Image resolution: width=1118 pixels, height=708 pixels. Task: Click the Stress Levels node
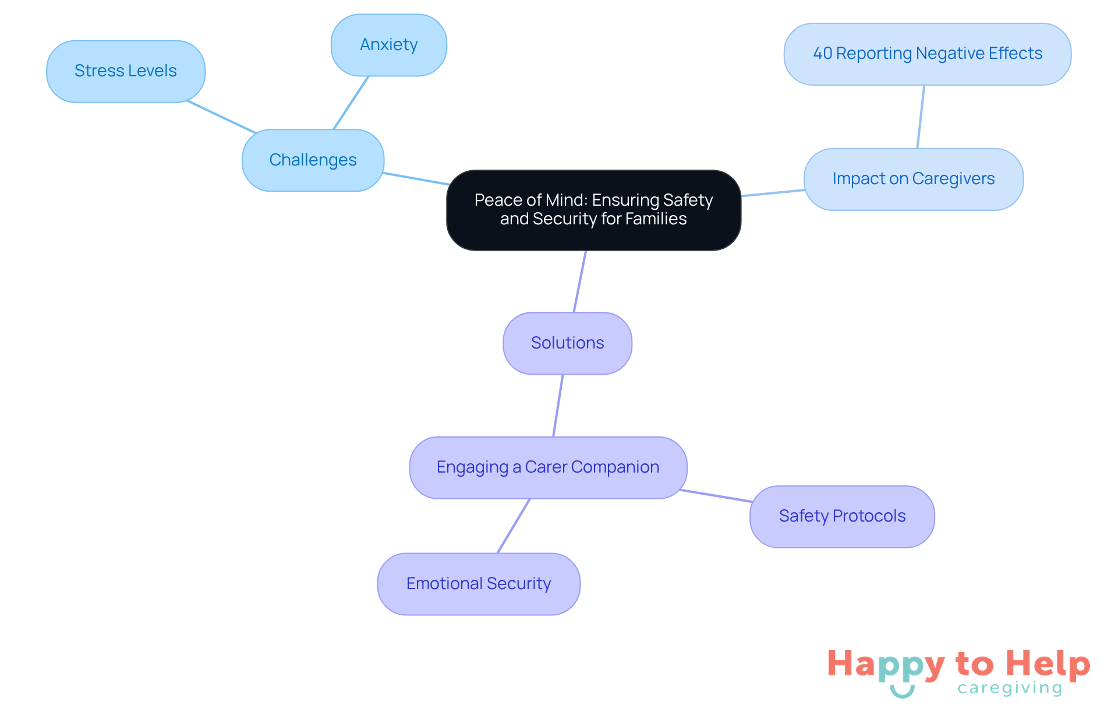pos(125,71)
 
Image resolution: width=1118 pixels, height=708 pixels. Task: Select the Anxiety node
pos(388,45)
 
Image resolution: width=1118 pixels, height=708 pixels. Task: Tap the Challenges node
pos(313,160)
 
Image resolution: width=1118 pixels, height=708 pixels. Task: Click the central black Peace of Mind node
pos(593,210)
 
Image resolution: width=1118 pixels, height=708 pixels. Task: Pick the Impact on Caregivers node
pos(913,179)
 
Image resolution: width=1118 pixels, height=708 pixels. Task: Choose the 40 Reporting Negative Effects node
pos(927,54)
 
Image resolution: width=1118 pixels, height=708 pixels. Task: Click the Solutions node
pos(567,343)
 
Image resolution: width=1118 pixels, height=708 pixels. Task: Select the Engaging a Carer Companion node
pos(547,467)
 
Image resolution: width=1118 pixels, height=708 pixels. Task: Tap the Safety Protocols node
pos(842,516)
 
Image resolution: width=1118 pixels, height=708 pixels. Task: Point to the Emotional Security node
pos(478,583)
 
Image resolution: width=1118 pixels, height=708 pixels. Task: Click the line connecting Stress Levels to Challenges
pos(221,117)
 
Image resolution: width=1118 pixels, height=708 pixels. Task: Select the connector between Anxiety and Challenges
pos(351,103)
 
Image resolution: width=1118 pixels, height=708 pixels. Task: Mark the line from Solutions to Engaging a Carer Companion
pos(558,406)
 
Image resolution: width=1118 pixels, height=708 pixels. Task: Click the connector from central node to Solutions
pos(579,281)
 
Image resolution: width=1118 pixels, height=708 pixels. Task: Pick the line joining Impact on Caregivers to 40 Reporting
pos(921,117)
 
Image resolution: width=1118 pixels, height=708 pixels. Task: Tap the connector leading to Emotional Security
pos(514,526)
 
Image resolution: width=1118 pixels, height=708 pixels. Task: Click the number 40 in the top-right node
pos(823,54)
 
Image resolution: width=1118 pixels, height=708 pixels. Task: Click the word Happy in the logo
pos(885,664)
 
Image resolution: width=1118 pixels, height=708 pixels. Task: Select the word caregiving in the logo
pos(1010,688)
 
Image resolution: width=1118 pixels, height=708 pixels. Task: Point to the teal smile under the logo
pos(902,692)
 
